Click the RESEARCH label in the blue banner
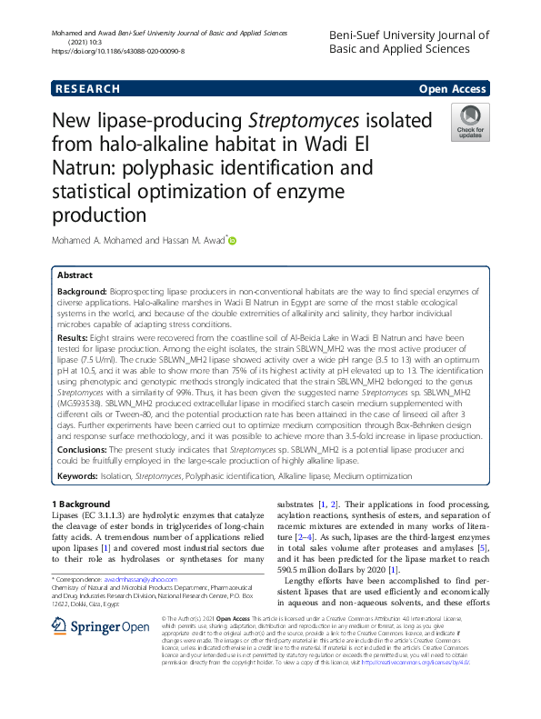(87, 89)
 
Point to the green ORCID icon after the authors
(232, 241)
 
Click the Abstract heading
(75, 275)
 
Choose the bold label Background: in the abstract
(85, 291)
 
